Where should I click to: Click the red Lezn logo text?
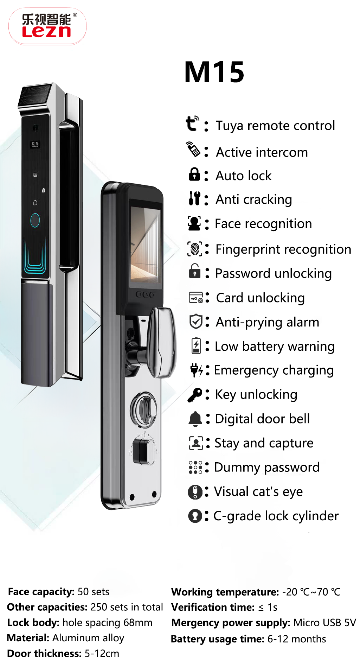pyautogui.click(x=46, y=32)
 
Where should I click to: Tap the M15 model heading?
pyautogui.click(x=214, y=72)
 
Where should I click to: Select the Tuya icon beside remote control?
pyautogui.click(x=192, y=123)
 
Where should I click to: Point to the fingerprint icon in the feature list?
pyautogui.click(x=195, y=249)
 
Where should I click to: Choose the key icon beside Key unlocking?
pyautogui.click(x=195, y=395)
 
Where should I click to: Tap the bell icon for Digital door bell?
pyautogui.click(x=195, y=419)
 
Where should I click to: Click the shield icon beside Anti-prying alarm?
pyautogui.click(x=196, y=322)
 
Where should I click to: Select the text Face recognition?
pyautogui.click(x=263, y=224)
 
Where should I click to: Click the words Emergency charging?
pyautogui.click(x=274, y=371)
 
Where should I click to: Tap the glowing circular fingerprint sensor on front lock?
pyautogui.click(x=35, y=220)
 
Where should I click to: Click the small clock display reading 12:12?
pyautogui.click(x=35, y=144)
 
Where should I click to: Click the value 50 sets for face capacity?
pyautogui.click(x=94, y=592)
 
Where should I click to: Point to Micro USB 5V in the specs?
pyautogui.click(x=325, y=623)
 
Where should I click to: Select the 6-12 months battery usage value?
pyautogui.click(x=297, y=639)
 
